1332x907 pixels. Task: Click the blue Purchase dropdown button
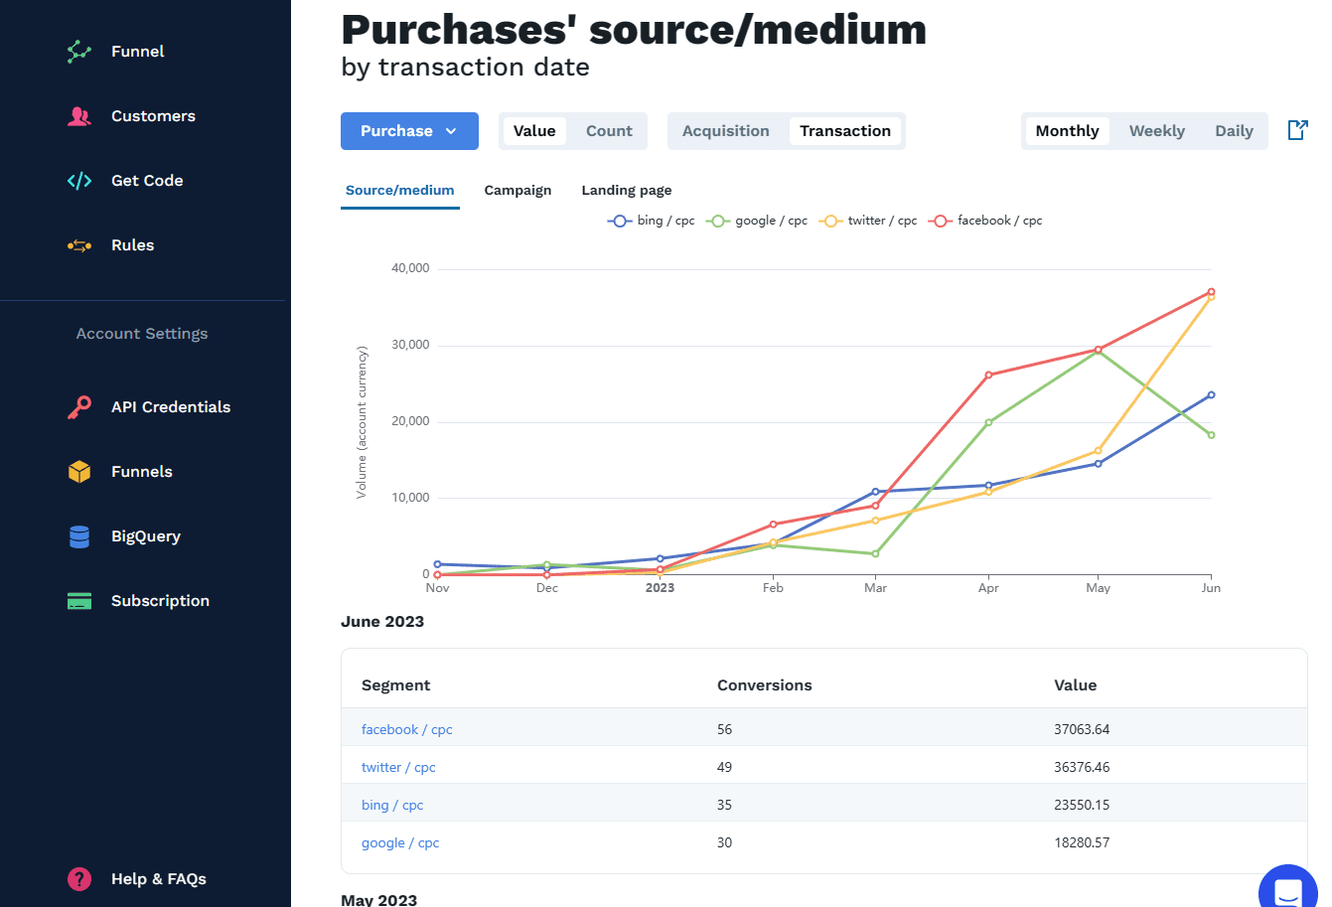tap(409, 131)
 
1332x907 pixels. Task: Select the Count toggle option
tap(609, 131)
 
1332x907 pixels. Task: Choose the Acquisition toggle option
tap(725, 131)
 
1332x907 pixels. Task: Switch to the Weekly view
tap(1156, 131)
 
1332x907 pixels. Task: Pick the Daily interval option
tap(1234, 131)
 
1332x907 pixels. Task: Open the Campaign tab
tap(518, 190)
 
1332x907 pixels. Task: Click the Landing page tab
tap(627, 190)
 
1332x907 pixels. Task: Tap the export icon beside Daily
tap(1297, 130)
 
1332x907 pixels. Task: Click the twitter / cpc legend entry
tap(868, 221)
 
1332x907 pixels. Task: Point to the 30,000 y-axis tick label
tap(410, 345)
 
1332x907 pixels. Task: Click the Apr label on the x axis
tap(988, 588)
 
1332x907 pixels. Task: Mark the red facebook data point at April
tap(988, 376)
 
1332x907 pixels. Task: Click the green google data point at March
tap(875, 553)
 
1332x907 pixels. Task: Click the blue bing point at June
tap(1211, 395)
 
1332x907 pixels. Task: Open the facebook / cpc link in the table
tap(406, 729)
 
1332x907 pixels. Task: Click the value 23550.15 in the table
tap(1082, 805)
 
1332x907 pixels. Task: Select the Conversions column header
tap(764, 685)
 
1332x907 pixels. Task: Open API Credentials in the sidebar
tap(170, 407)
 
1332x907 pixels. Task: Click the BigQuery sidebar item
tap(145, 536)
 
